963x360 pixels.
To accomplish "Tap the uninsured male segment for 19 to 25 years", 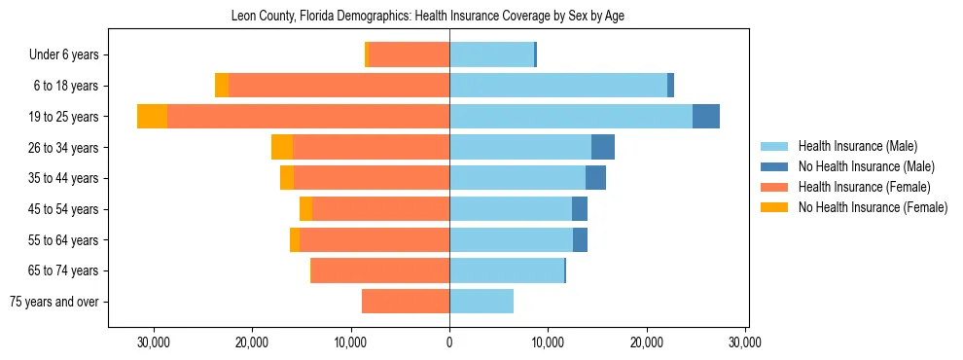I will (706, 117).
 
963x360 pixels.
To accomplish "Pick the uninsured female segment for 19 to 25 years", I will (152, 117).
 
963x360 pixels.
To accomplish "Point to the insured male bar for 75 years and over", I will (481, 302).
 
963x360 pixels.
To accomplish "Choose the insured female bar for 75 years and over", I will (406, 302).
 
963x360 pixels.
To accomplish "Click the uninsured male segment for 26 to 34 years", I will (603, 147).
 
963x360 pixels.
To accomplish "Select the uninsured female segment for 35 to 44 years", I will (287, 178).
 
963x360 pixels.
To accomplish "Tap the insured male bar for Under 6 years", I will (491, 54).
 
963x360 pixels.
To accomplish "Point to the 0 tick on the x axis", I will (449, 342).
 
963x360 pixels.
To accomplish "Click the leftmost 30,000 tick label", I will (154, 342).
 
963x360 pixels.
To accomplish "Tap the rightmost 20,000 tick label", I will (647, 342).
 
